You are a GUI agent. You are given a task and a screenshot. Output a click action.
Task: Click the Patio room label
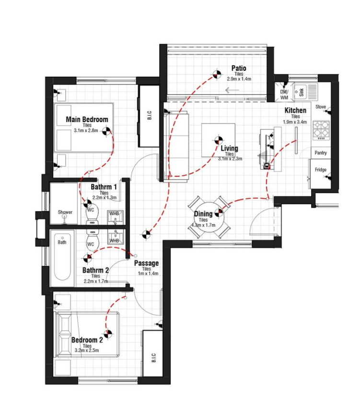(x=239, y=68)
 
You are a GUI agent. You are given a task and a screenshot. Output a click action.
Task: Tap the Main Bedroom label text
(x=87, y=119)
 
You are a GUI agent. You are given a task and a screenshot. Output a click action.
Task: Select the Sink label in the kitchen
(x=301, y=92)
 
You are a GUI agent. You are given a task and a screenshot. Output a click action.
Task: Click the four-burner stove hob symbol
(x=321, y=130)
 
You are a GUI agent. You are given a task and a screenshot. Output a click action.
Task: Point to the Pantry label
(x=321, y=153)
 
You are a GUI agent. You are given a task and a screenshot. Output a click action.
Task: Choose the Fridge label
(x=321, y=170)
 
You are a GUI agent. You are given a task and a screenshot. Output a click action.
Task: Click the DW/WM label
(x=284, y=95)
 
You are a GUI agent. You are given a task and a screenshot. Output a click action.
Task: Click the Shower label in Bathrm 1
(x=65, y=212)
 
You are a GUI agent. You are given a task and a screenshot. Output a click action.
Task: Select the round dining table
(x=209, y=217)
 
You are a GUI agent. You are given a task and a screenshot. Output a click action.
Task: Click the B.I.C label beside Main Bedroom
(x=149, y=115)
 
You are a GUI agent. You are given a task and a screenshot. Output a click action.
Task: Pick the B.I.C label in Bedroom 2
(x=153, y=357)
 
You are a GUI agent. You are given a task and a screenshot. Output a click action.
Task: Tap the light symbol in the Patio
(x=217, y=74)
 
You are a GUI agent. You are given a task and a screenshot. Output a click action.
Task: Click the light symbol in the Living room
(x=218, y=140)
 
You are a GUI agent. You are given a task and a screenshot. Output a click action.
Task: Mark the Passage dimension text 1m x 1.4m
(x=148, y=273)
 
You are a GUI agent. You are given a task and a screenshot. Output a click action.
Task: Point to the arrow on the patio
(x=232, y=91)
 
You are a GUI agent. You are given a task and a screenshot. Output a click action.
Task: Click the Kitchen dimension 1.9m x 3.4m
(x=295, y=122)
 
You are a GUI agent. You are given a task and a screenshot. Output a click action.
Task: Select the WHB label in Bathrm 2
(x=114, y=240)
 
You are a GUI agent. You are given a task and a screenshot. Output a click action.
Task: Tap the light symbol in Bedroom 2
(x=107, y=334)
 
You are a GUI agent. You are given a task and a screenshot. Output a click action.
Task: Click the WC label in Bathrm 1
(x=91, y=210)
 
